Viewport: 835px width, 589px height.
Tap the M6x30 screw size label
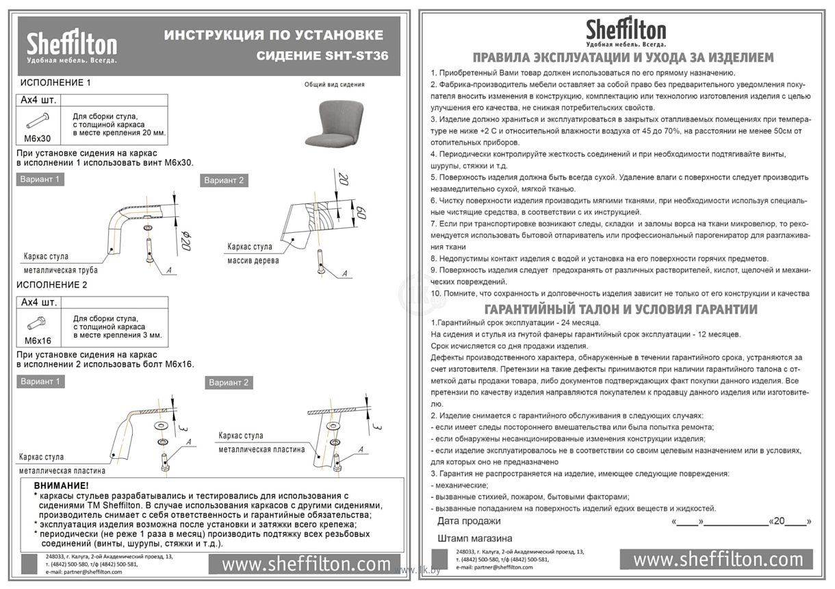[x=37, y=138]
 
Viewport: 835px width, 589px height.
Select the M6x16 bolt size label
[x=38, y=340]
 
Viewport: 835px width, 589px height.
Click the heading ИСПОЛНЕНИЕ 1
[x=54, y=82]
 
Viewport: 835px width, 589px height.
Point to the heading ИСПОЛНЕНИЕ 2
[x=54, y=284]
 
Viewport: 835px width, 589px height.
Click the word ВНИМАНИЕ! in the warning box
[x=62, y=486]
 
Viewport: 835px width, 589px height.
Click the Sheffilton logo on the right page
[x=626, y=32]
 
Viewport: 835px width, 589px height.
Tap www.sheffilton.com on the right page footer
[x=716, y=559]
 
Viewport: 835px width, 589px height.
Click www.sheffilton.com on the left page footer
[x=306, y=564]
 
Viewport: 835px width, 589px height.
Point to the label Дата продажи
[x=468, y=521]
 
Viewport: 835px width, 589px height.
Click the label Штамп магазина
[x=474, y=538]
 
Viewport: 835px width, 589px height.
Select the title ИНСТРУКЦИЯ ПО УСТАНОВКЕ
[x=273, y=35]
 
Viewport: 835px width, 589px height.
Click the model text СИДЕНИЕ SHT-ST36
[x=322, y=55]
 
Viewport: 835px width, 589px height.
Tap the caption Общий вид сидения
[x=334, y=85]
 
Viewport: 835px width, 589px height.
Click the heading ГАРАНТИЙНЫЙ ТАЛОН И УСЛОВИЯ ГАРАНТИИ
[x=620, y=309]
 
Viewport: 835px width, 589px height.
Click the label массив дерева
[x=253, y=260]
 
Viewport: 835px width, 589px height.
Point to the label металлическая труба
[x=60, y=270]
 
